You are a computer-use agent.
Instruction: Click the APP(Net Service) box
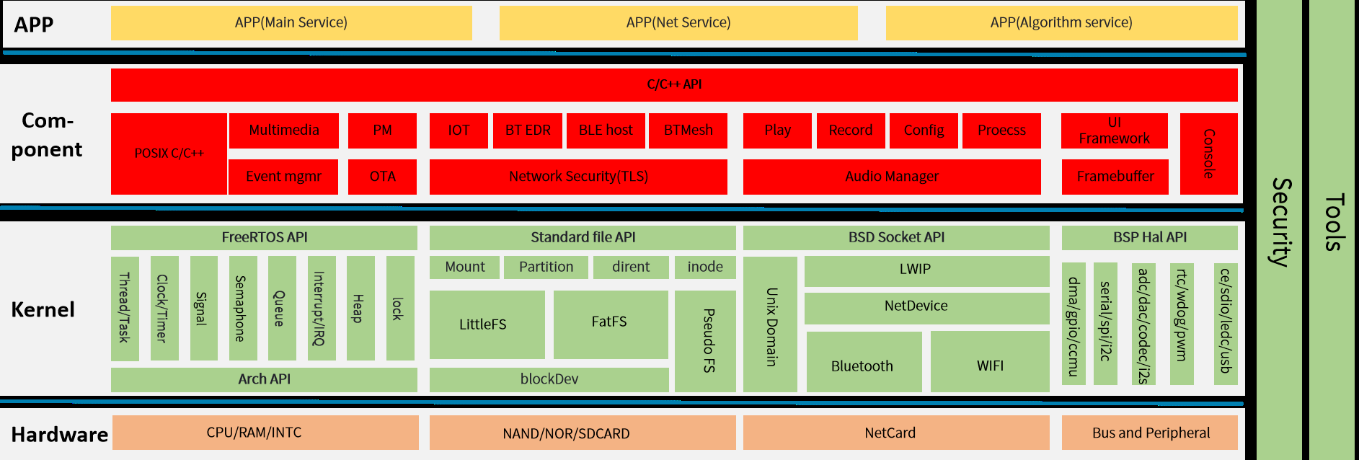[x=678, y=22]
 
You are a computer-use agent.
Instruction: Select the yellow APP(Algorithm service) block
[x=1061, y=22]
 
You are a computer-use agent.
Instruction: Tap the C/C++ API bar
[x=674, y=84]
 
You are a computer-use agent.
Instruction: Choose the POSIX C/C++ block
[x=169, y=154]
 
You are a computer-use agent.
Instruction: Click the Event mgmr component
[x=283, y=177]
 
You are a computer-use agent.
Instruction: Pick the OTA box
[x=382, y=177]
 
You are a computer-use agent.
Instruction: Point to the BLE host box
[x=606, y=131]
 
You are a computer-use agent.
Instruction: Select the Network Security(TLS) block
[x=578, y=177]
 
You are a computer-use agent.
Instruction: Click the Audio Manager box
[x=892, y=177]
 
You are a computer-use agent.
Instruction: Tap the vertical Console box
[x=1208, y=154]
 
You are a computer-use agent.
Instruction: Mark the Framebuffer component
[x=1115, y=177]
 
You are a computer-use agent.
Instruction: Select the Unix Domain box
[x=770, y=325]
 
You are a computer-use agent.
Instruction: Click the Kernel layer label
[x=43, y=310]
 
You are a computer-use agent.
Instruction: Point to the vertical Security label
[x=1280, y=224]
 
